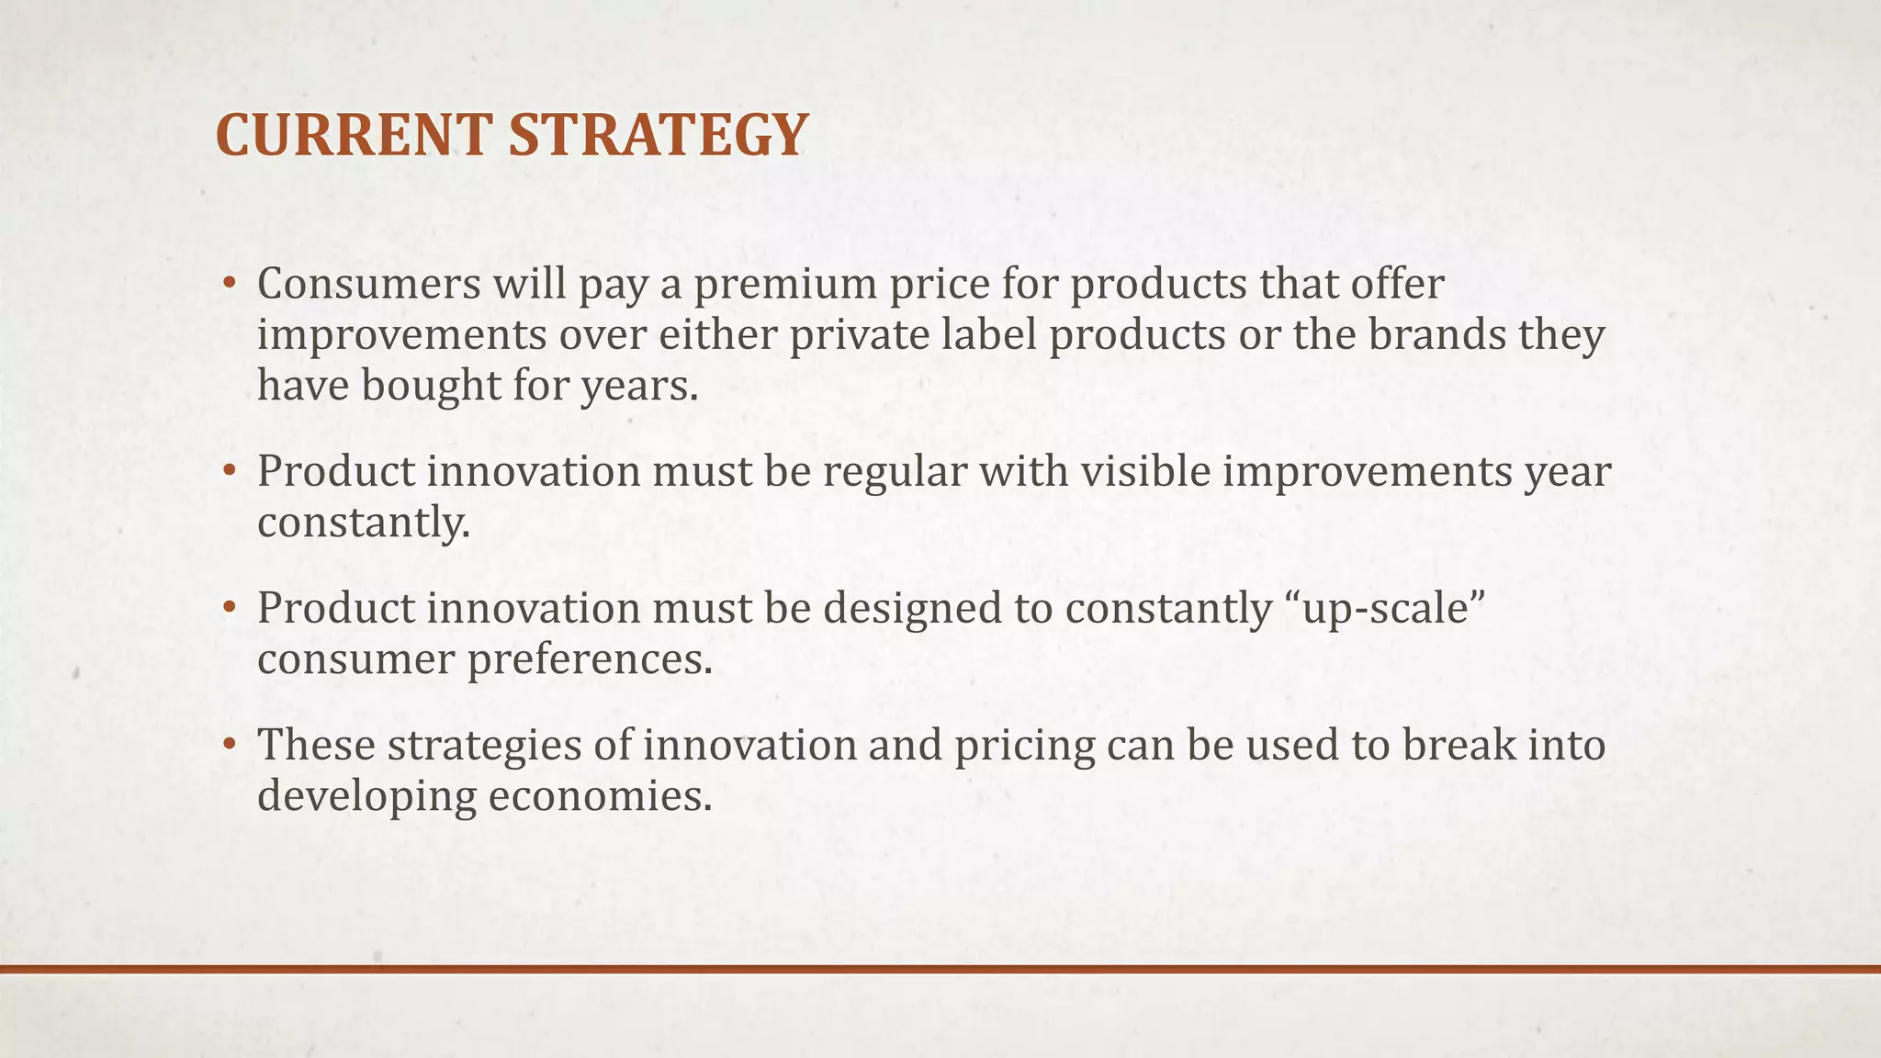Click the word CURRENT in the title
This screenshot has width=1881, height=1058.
[355, 135]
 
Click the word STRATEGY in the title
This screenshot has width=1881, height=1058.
[658, 135]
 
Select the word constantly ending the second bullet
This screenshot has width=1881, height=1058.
[363, 523]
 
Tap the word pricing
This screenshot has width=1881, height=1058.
[1024, 746]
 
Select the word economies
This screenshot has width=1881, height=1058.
[600, 795]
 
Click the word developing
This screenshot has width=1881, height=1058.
[366, 797]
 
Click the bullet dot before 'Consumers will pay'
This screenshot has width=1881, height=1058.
[230, 284]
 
